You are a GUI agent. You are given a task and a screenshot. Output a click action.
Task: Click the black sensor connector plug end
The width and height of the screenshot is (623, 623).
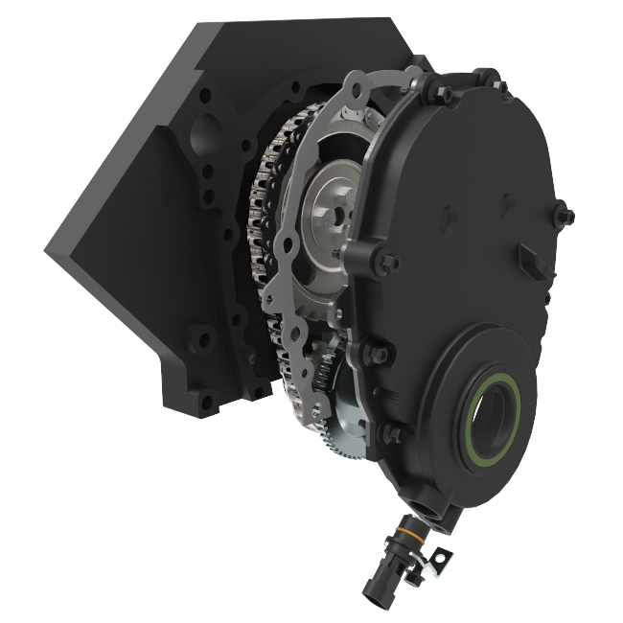(x=375, y=586)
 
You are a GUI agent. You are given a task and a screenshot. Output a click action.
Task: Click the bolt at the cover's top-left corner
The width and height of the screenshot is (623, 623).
(x=443, y=93)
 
